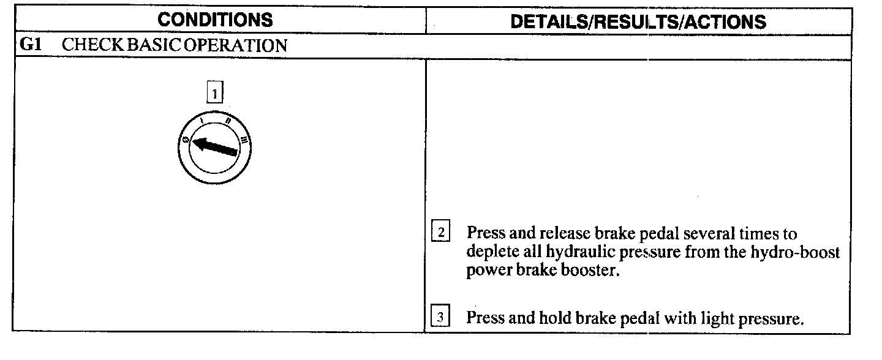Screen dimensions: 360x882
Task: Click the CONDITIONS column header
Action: pyautogui.click(x=215, y=20)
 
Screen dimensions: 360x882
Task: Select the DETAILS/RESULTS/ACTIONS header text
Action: pyautogui.click(x=638, y=22)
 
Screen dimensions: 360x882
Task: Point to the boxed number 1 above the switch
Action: pyautogui.click(x=214, y=94)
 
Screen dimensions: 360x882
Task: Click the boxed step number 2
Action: pyautogui.click(x=441, y=233)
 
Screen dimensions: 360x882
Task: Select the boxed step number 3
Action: pyautogui.click(x=441, y=318)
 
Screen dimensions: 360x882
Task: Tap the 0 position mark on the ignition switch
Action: pyautogui.click(x=184, y=141)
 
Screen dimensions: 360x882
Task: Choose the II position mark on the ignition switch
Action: pyautogui.click(x=228, y=121)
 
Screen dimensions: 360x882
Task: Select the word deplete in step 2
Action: pyautogui.click(x=488, y=253)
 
